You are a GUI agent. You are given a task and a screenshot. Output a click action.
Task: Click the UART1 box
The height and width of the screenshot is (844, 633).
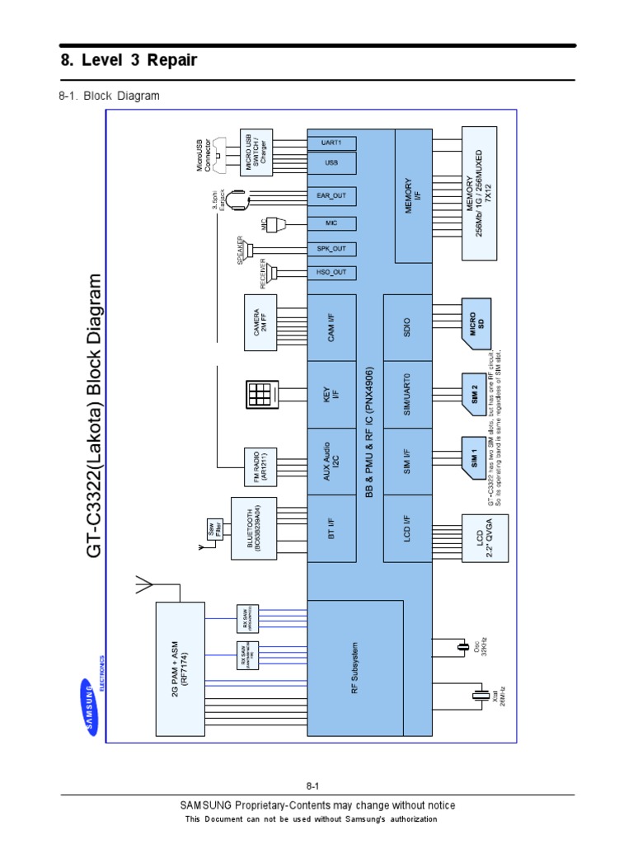click(x=331, y=143)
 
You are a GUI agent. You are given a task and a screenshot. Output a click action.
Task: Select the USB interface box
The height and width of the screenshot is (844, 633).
click(x=331, y=163)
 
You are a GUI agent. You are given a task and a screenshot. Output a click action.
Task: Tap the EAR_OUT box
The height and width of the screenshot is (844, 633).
click(x=331, y=195)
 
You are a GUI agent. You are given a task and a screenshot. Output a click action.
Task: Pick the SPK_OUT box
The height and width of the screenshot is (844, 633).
click(x=331, y=248)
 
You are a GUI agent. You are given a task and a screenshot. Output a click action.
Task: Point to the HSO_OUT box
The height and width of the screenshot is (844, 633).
click(x=331, y=272)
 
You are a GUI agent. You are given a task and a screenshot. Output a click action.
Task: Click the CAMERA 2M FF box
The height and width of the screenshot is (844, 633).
click(x=261, y=322)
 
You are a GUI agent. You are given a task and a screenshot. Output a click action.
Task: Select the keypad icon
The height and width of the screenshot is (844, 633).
click(x=261, y=394)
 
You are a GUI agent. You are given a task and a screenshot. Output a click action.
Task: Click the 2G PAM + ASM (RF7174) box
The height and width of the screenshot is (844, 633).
click(x=180, y=668)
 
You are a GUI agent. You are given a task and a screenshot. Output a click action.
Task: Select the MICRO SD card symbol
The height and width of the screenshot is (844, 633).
click(x=476, y=321)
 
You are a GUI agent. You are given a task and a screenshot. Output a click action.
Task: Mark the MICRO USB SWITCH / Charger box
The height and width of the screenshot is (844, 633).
click(x=256, y=152)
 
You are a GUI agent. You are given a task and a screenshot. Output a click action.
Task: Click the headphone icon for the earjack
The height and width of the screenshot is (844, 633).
click(x=238, y=199)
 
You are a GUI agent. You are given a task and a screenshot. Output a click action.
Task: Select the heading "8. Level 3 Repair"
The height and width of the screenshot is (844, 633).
click(x=129, y=61)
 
